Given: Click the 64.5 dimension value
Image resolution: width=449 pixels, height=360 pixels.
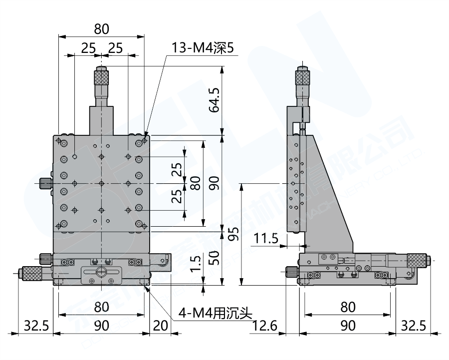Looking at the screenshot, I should pos(215,101).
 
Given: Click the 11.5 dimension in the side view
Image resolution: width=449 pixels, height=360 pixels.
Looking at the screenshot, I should pos(266,238).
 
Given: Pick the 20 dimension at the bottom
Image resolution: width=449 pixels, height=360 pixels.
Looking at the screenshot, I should pos(160,326).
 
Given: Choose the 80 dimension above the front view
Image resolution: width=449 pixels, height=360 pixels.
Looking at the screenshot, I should pos(101,29).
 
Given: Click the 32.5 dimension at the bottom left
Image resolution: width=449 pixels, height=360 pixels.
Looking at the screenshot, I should pos(36,326).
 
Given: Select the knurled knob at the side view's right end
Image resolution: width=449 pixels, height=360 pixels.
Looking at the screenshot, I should pos(417,260).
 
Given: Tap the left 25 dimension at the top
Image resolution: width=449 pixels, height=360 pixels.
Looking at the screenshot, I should pos(88,48).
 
